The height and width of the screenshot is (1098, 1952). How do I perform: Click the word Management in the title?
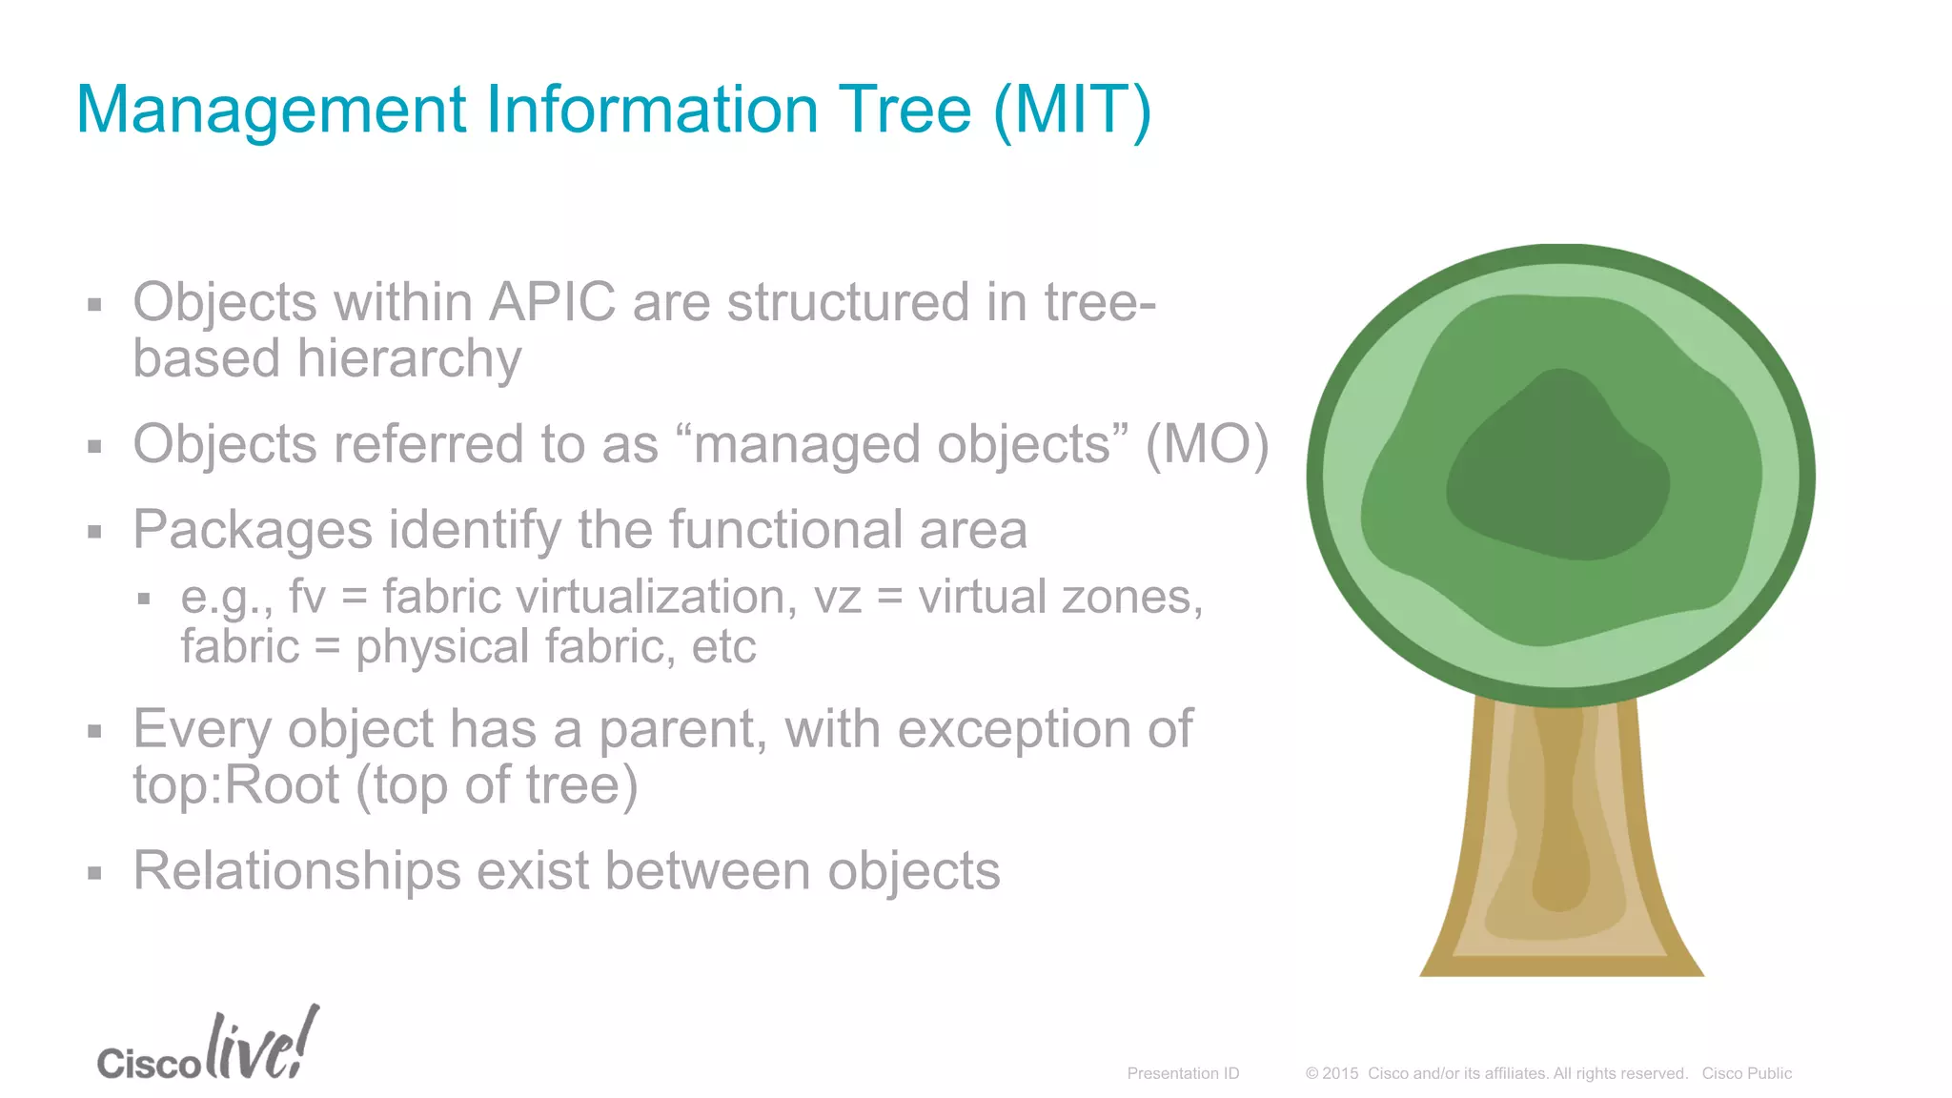tap(271, 111)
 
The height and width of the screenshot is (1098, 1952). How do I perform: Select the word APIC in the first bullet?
tap(552, 302)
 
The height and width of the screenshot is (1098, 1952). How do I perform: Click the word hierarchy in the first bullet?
tap(409, 359)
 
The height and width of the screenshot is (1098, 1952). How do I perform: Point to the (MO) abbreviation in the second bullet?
tap(1207, 444)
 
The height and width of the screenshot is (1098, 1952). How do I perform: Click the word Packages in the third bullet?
tap(253, 530)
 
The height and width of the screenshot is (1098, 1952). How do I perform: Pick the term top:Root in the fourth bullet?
tap(235, 785)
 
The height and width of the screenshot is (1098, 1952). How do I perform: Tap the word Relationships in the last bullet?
tap(296, 871)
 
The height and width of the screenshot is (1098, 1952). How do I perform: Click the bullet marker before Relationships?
tap(94, 872)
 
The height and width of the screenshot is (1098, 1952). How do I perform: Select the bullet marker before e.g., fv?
tap(144, 600)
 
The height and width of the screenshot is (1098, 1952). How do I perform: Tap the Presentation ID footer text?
tap(1183, 1073)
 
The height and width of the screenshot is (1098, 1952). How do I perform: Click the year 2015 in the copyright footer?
tap(1340, 1073)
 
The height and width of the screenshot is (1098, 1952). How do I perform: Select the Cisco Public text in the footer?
tap(1746, 1073)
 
